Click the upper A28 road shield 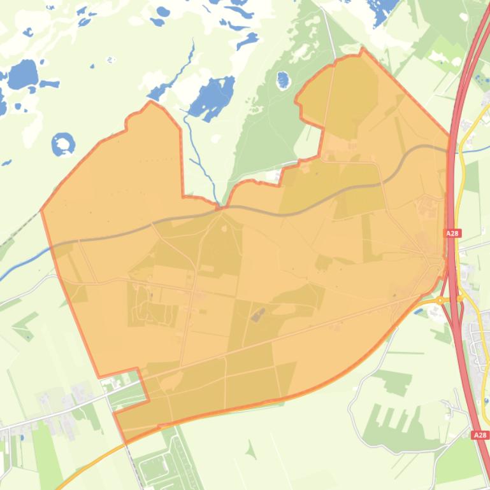452,234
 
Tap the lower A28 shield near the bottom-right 480,435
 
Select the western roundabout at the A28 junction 440,300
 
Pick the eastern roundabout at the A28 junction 459,298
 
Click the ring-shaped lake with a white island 63,144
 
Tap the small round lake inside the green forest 282,80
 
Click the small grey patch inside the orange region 258,314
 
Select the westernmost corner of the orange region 42,209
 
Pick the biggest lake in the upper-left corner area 23,75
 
